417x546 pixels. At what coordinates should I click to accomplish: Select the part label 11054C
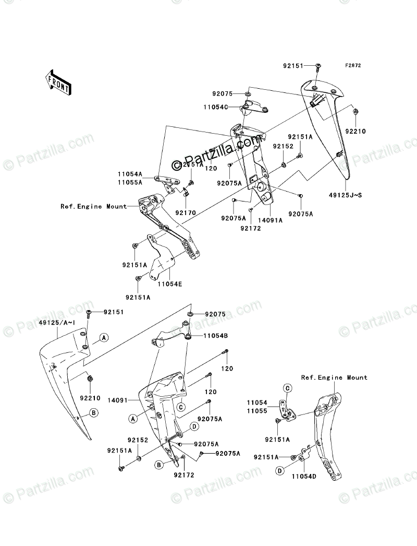pyautogui.click(x=227, y=106)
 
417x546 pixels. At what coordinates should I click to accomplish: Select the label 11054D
pyautogui.click(x=302, y=476)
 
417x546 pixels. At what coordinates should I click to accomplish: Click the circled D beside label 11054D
pyautogui.click(x=280, y=471)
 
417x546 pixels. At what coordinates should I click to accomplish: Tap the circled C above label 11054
pyautogui.click(x=287, y=387)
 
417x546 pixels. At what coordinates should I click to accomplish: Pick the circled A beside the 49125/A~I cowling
pyautogui.click(x=104, y=338)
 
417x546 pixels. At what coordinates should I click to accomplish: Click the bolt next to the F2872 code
pyautogui.click(x=318, y=67)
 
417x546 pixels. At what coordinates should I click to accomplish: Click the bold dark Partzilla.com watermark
pyautogui.click(x=218, y=148)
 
